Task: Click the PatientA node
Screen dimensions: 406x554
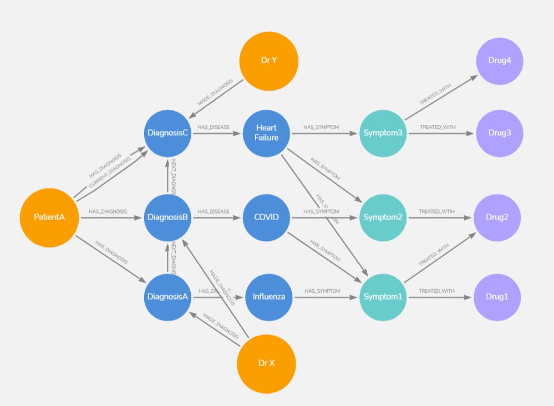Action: point(49,217)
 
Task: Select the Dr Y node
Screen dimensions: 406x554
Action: point(269,60)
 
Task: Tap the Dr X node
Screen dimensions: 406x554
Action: point(266,363)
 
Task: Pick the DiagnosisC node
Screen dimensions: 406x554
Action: point(167,134)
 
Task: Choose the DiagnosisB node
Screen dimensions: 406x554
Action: point(167,217)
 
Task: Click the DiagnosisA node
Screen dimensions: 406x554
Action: point(167,297)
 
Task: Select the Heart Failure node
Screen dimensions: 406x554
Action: point(266,133)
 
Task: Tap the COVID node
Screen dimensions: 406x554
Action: point(266,217)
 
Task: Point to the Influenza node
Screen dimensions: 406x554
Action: point(269,297)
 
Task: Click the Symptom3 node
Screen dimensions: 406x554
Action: point(383,133)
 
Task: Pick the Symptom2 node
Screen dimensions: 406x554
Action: point(383,217)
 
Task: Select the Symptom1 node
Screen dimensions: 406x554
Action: point(383,297)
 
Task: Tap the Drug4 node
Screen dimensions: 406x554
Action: point(500,60)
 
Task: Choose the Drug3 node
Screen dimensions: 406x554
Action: point(500,133)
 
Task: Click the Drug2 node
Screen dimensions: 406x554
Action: point(497,217)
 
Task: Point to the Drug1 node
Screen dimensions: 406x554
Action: point(497,297)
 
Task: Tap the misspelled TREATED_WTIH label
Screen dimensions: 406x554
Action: point(436,211)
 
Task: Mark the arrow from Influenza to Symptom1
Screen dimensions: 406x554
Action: point(327,297)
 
